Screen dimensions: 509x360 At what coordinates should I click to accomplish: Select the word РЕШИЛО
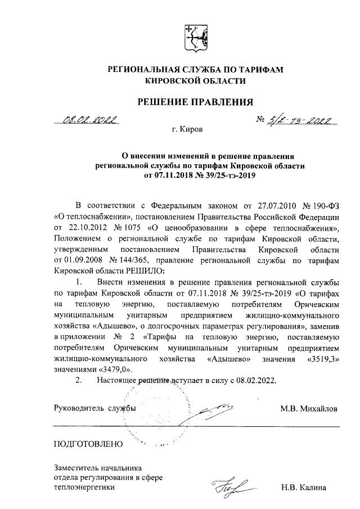(x=147, y=271)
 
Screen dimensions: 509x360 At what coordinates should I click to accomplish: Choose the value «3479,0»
(x=117, y=369)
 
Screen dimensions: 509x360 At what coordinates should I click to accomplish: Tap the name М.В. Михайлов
(x=309, y=409)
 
